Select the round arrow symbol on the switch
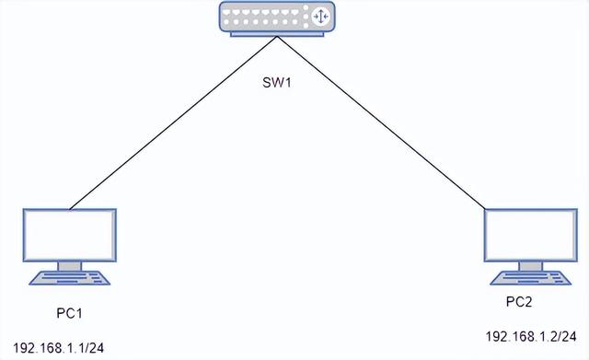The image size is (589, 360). pos(321,17)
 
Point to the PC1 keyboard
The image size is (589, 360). pos(70,276)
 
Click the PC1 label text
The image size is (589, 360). pos(70,313)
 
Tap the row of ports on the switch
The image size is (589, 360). pos(267,16)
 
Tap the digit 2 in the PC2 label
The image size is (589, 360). pos(530,301)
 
